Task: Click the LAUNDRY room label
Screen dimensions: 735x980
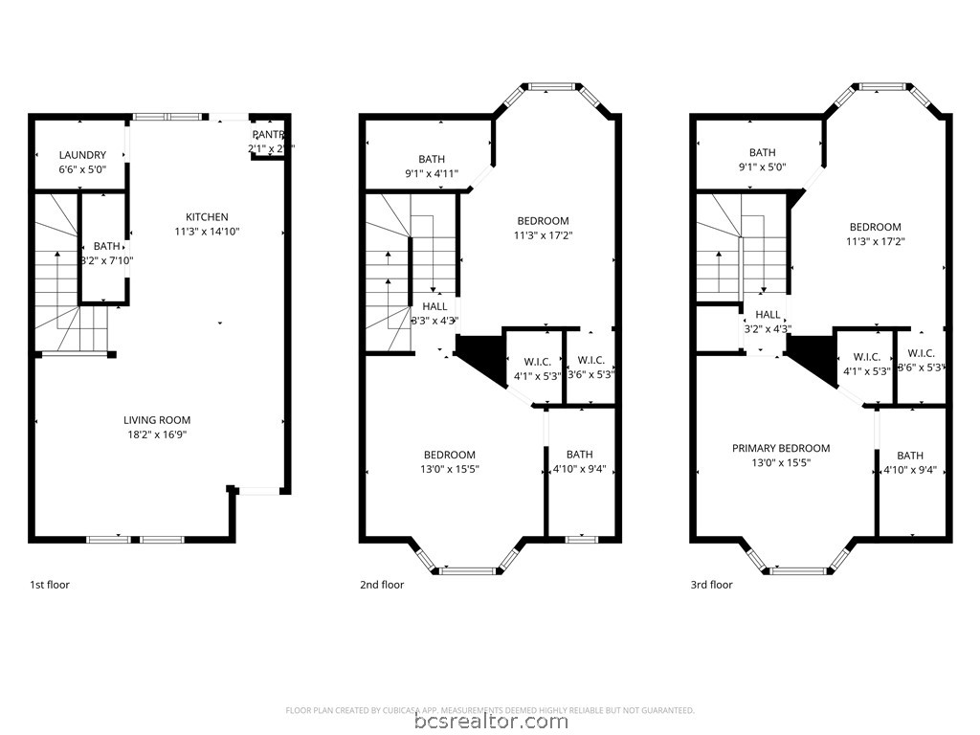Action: pyautogui.click(x=82, y=155)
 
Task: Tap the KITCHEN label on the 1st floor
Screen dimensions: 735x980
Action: pyautogui.click(x=207, y=217)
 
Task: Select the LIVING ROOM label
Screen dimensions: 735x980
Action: pyautogui.click(x=157, y=420)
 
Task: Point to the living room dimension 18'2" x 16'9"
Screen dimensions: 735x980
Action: pyautogui.click(x=157, y=434)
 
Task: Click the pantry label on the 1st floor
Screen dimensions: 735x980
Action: pyautogui.click(x=268, y=135)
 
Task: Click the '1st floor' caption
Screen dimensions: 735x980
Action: pyautogui.click(x=50, y=585)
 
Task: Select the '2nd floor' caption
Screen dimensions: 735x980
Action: pyautogui.click(x=382, y=585)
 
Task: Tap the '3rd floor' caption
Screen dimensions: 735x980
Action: pyautogui.click(x=713, y=585)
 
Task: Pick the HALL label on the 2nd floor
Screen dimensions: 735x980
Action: pyautogui.click(x=434, y=307)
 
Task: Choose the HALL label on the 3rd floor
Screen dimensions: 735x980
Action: pyautogui.click(x=768, y=315)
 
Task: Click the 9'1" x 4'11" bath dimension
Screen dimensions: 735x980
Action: pyautogui.click(x=432, y=174)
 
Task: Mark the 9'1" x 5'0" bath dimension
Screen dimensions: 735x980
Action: pyautogui.click(x=763, y=167)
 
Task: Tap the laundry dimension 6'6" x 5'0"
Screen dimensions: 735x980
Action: pyautogui.click(x=82, y=169)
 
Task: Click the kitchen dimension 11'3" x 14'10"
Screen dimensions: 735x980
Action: pyautogui.click(x=207, y=232)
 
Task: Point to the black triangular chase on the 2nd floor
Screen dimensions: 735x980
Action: pyautogui.click(x=480, y=355)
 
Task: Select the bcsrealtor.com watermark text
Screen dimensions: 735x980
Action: pyautogui.click(x=490, y=722)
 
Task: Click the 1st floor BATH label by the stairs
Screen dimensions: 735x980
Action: pyautogui.click(x=107, y=246)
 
